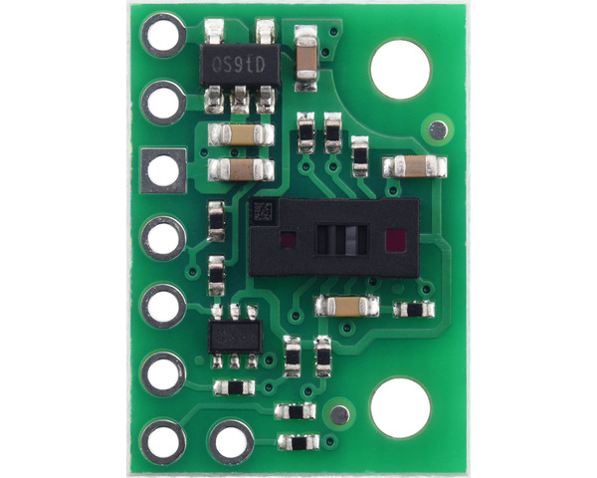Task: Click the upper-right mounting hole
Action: point(400,69)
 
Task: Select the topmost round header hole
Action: point(163,37)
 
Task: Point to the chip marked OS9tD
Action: point(239,67)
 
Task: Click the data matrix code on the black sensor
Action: point(263,211)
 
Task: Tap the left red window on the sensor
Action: point(289,240)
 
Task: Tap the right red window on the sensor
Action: point(394,240)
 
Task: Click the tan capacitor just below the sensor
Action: point(346,306)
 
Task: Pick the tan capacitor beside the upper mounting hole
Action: point(414,166)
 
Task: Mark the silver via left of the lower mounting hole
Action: point(341,414)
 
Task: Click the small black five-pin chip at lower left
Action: point(236,336)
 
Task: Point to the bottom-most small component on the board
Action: point(298,441)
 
